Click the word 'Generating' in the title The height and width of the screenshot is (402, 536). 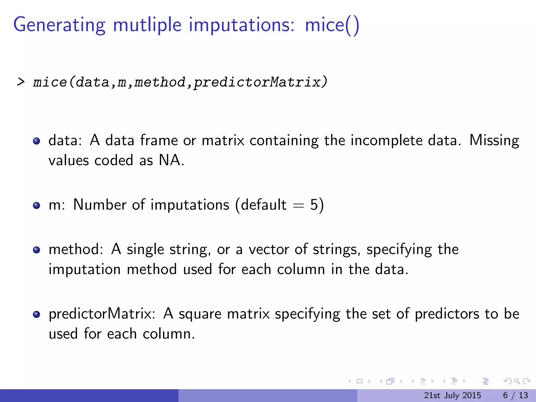click(x=59, y=25)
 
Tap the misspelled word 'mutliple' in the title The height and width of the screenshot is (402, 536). click(x=147, y=25)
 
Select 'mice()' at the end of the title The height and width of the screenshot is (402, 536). click(x=332, y=25)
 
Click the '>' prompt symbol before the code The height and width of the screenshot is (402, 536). click(x=21, y=82)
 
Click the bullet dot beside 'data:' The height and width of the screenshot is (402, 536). click(x=37, y=141)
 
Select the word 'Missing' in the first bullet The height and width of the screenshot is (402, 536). click(x=494, y=140)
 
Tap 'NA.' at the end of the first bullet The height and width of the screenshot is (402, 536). click(x=171, y=160)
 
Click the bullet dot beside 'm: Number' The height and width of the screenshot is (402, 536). click(x=37, y=205)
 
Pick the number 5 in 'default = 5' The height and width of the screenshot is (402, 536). click(x=314, y=205)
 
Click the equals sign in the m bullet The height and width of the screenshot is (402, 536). click(x=298, y=206)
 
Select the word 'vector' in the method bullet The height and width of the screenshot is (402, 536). click(x=269, y=249)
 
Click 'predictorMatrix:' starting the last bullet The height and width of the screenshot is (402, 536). click(x=102, y=314)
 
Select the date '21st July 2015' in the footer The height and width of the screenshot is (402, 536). click(x=452, y=395)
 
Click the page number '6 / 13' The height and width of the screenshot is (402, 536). click(x=515, y=395)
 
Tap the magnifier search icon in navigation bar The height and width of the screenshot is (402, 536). click(x=517, y=381)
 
